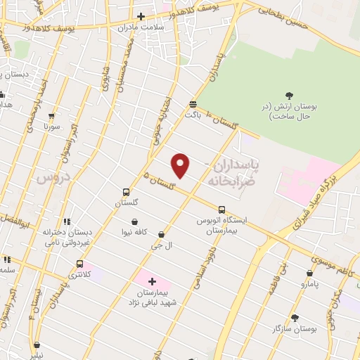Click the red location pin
(x=181, y=165)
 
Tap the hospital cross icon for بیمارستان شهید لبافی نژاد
(x=151, y=281)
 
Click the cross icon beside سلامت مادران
(x=141, y=16)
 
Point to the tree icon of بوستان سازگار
(x=295, y=318)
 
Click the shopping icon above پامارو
(x=309, y=274)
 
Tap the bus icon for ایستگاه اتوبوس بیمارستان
(x=221, y=210)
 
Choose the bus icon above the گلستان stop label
(x=126, y=192)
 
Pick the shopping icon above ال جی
(x=162, y=235)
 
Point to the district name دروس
(x=51, y=179)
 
